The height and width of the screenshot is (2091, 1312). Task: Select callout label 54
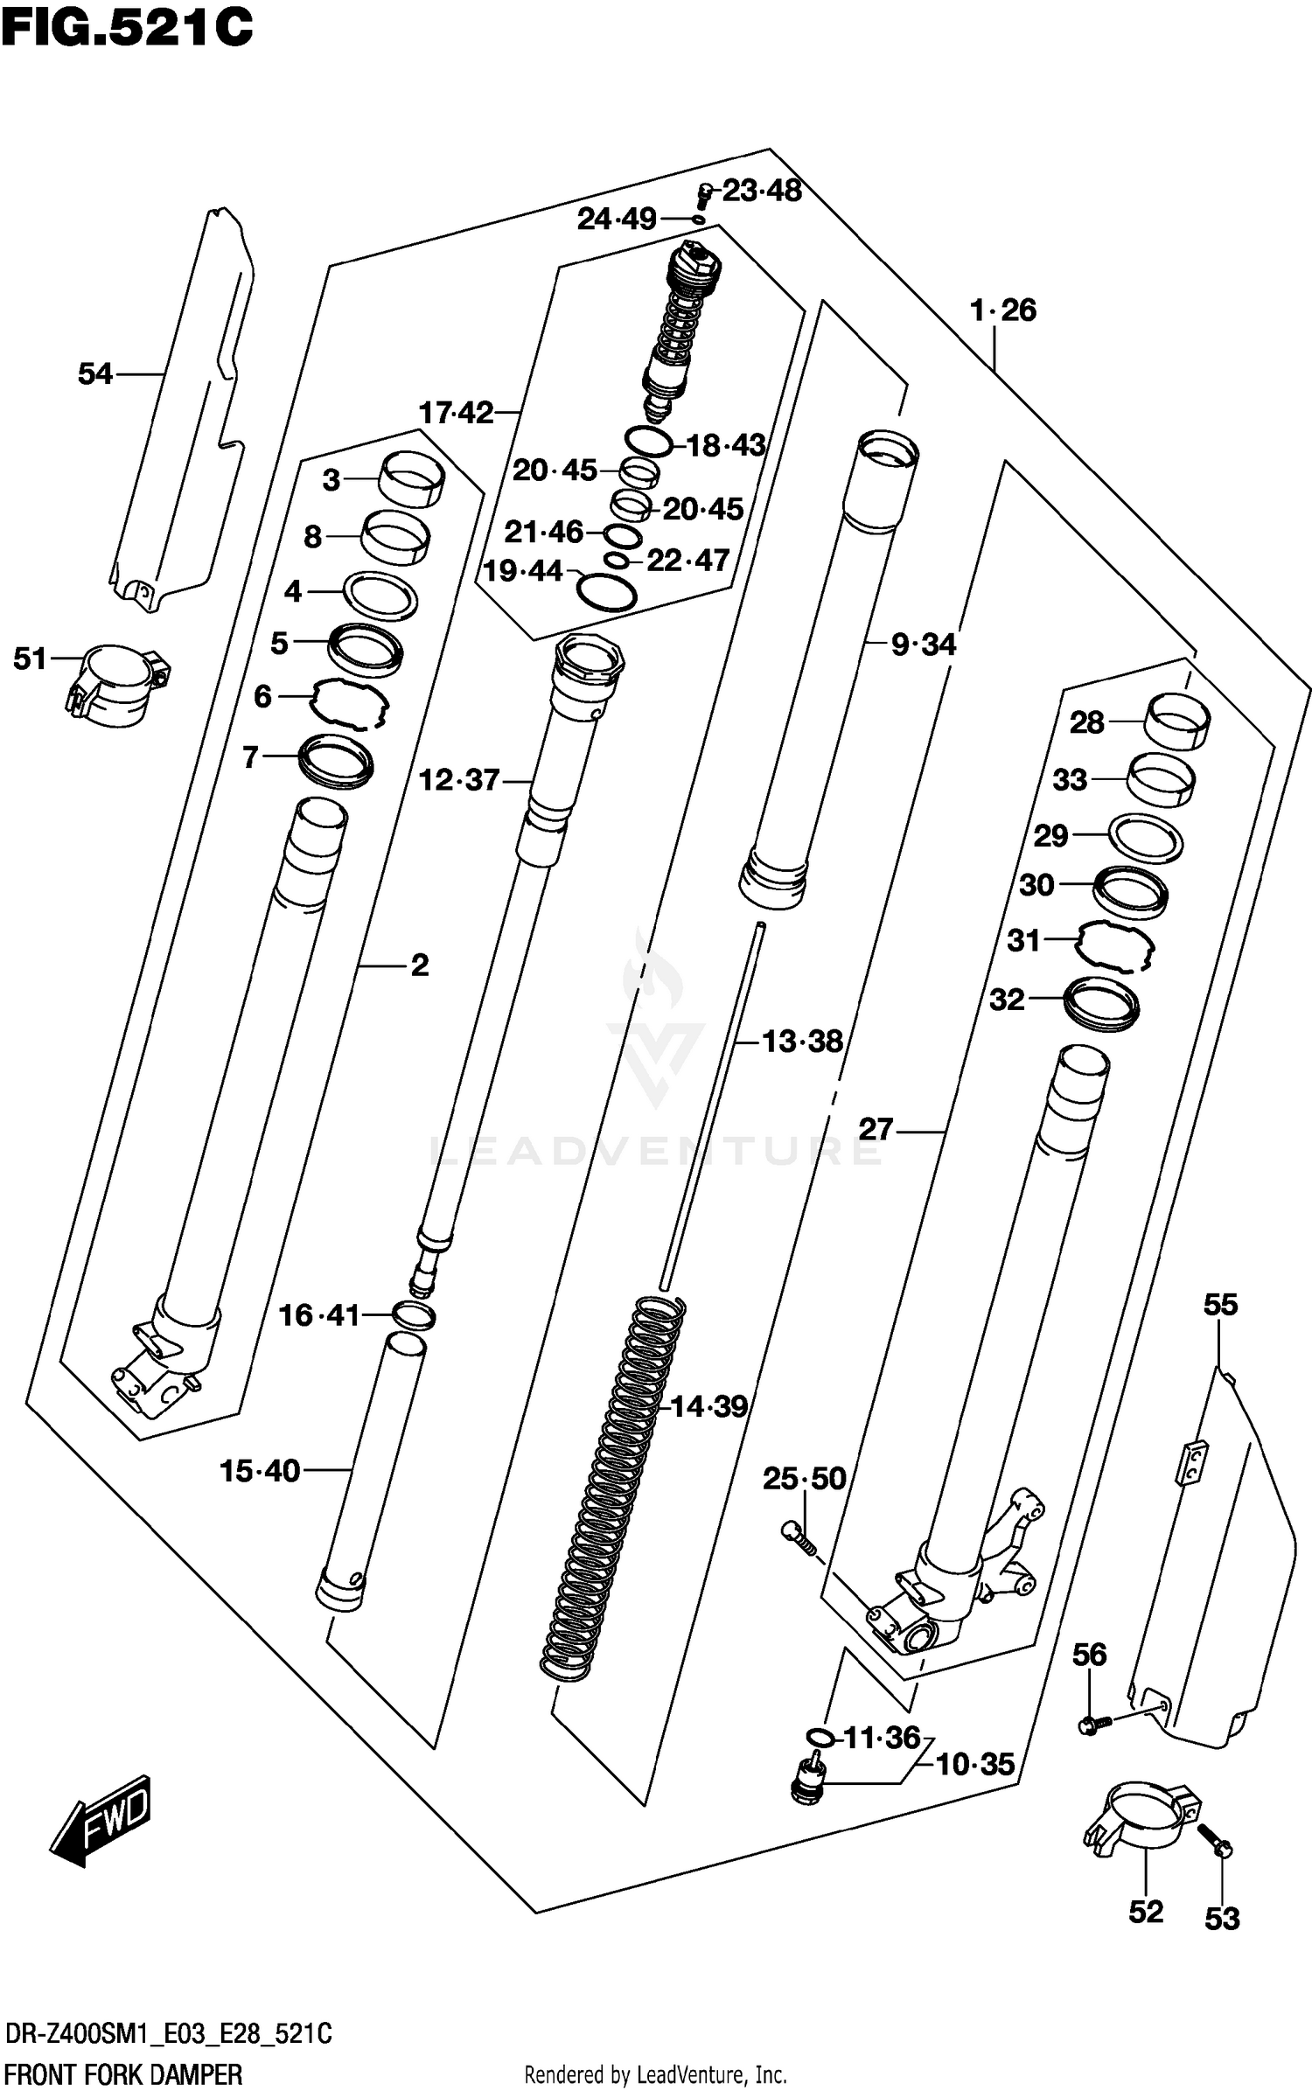pyautogui.click(x=95, y=374)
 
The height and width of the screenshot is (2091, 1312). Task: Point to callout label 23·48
pyautogui.click(x=761, y=191)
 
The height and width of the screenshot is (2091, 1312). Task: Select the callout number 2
pyautogui.click(x=420, y=965)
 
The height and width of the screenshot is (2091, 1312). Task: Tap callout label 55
pyautogui.click(x=1220, y=1305)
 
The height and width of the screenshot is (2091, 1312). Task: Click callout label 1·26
pyautogui.click(x=1002, y=310)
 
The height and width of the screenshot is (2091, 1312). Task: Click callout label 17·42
pyautogui.click(x=456, y=412)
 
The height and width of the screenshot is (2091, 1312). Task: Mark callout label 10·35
pyautogui.click(x=974, y=1765)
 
